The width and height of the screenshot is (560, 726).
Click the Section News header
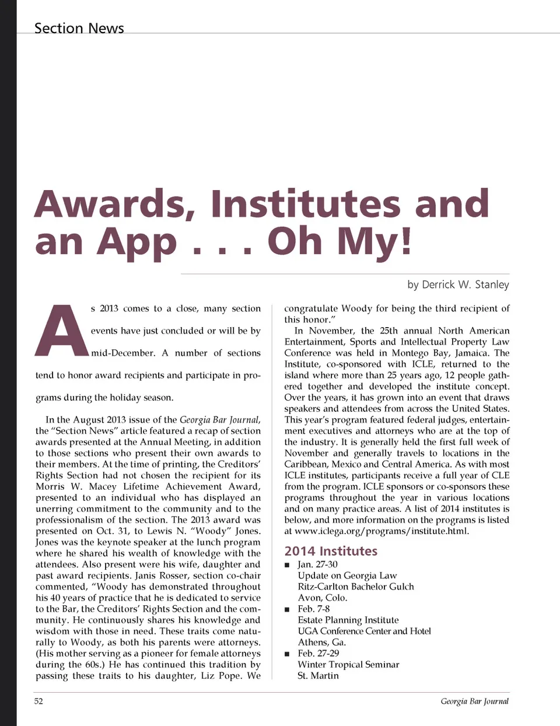coord(79,28)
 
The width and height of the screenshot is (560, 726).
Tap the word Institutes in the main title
coord(305,204)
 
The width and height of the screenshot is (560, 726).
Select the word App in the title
coord(136,242)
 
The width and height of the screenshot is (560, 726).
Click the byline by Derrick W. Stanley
coord(458,285)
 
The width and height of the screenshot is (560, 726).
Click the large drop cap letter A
coord(62,331)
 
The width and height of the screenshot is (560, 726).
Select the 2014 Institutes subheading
coord(331,551)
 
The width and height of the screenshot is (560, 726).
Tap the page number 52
coord(38,701)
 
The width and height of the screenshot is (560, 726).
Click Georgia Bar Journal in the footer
coord(474,701)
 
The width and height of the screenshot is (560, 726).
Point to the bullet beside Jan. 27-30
coord(287,565)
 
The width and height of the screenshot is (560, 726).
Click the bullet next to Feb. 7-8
coord(287,609)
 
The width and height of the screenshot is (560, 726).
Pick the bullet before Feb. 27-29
coord(287,654)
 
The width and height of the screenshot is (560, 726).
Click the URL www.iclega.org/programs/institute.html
coord(381,531)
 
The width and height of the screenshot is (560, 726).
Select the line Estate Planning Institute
coord(348,620)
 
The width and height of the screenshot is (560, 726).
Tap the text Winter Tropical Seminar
coord(348,664)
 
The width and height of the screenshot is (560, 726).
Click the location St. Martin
coord(318,675)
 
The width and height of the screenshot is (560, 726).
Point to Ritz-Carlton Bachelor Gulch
coord(356,587)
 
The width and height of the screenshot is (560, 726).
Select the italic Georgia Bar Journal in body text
coord(220,420)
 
